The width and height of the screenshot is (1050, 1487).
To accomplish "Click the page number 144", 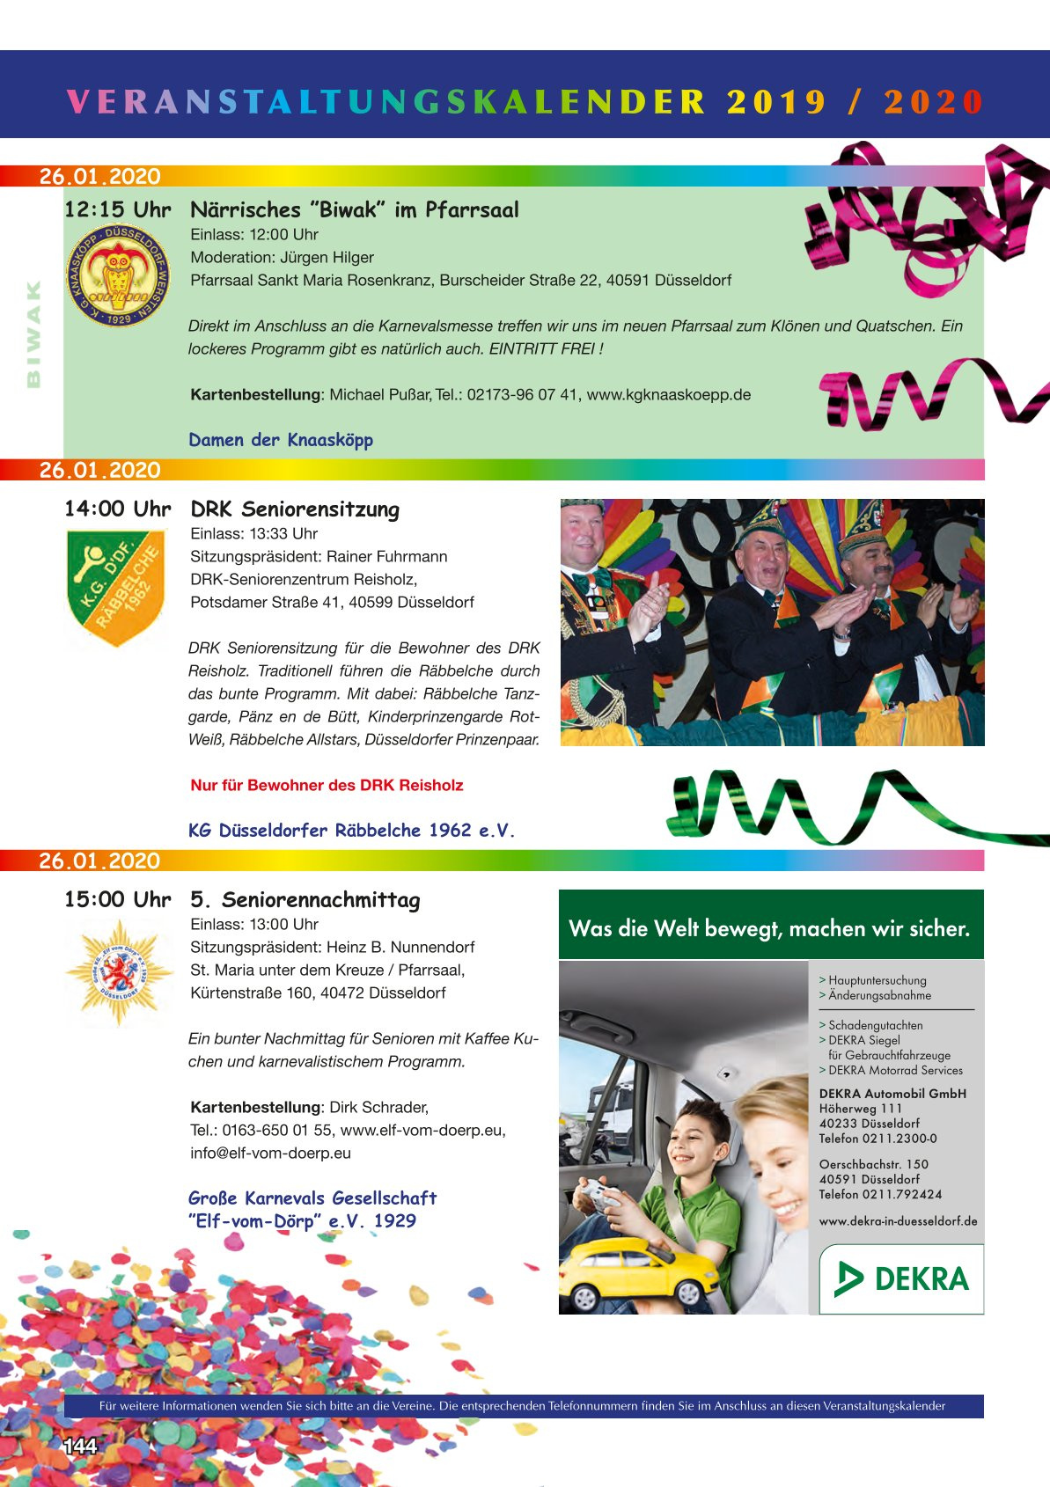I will coord(79,1447).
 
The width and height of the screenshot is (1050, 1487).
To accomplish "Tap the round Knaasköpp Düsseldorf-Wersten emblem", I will coord(118,275).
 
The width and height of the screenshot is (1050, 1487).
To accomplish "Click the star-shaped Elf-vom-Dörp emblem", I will coord(118,972).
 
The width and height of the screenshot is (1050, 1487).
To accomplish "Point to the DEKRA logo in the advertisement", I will coord(901,1278).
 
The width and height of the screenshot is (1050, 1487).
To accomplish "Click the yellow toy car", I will coord(640,1271).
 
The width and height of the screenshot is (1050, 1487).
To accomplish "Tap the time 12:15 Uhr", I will coord(117,210).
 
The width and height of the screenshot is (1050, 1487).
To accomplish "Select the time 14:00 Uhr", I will coord(117,509).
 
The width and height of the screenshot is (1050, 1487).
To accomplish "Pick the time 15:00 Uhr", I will coord(117,900).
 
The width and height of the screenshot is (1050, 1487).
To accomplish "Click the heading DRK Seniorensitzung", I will coord(295,509).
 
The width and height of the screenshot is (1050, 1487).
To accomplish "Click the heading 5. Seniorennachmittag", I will coord(305,900).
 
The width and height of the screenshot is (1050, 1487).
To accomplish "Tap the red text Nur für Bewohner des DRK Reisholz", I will coord(327,786).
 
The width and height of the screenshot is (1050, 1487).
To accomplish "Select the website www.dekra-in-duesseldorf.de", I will coord(898,1221).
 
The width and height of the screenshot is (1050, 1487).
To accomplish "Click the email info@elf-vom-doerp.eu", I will coord(270,1154).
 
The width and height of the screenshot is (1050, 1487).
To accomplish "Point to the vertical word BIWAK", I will coord(33,334).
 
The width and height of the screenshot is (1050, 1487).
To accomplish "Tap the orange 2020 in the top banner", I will coord(933,102).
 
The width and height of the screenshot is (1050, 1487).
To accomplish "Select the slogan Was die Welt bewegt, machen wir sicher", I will coord(769,929).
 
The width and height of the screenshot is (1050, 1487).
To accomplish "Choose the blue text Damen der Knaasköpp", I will coord(281,440).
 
